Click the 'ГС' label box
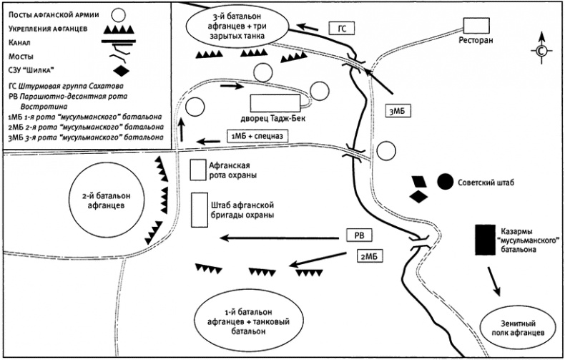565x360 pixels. pos(342,28)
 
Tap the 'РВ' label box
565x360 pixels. pos(360,235)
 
